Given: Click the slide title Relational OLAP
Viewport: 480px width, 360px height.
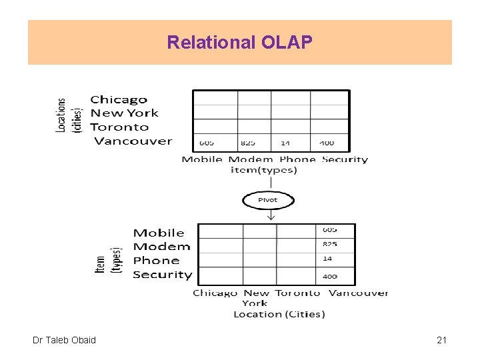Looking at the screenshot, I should pyautogui.click(x=239, y=43).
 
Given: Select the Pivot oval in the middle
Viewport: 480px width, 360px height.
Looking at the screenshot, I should pyautogui.click(x=267, y=200).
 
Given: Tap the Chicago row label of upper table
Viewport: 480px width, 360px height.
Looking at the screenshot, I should pyautogui.click(x=119, y=100).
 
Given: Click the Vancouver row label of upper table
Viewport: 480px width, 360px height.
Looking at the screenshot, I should pyautogui.click(x=133, y=141).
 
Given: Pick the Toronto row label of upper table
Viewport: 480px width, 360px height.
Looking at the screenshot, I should pyautogui.click(x=119, y=127).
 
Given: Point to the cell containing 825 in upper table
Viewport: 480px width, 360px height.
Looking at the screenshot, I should pyautogui.click(x=247, y=143).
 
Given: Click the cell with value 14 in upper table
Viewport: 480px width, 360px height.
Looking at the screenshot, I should pyautogui.click(x=285, y=143).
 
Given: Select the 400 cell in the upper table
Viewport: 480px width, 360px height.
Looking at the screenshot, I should pyautogui.click(x=327, y=143).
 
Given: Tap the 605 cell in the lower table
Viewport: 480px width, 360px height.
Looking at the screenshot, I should pyautogui.click(x=329, y=230).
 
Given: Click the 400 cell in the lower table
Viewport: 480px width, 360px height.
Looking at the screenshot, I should pyautogui.click(x=329, y=276).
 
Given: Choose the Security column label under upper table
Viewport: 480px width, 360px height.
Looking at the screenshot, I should pyautogui.click(x=345, y=159).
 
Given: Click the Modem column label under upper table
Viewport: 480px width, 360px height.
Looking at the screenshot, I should pyautogui.click(x=251, y=159).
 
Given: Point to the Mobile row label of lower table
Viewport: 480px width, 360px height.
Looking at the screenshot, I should pyautogui.click(x=159, y=233).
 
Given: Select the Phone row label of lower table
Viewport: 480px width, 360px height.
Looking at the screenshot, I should pyautogui.click(x=156, y=261).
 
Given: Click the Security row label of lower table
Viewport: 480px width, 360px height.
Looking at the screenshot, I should pyautogui.click(x=162, y=275).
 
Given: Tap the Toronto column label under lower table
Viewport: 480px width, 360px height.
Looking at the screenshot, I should pyautogui.click(x=297, y=293).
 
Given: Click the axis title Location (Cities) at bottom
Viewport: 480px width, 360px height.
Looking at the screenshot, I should pyautogui.click(x=279, y=314).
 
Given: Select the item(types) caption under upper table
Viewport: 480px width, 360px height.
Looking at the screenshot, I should pyautogui.click(x=264, y=170).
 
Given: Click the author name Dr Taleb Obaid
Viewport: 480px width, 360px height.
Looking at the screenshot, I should pyautogui.click(x=64, y=340).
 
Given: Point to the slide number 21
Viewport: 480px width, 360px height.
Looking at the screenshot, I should pyautogui.click(x=441, y=340).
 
